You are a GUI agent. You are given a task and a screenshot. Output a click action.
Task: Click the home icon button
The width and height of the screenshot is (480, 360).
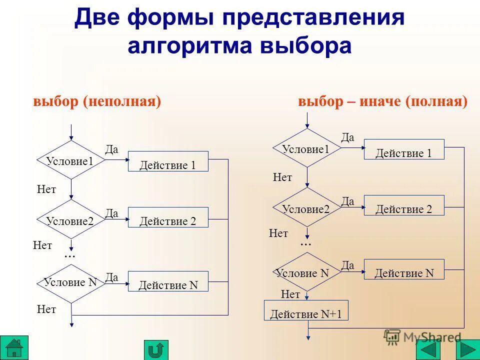pyautogui.click(x=14, y=347)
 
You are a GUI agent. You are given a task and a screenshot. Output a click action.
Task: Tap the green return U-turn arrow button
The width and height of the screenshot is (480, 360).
pyautogui.click(x=156, y=349)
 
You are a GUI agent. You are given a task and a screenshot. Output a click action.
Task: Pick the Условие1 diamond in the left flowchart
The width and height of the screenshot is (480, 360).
pyautogui.click(x=71, y=159)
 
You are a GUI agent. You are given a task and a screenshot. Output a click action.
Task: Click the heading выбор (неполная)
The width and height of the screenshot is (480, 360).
pyautogui.click(x=97, y=101)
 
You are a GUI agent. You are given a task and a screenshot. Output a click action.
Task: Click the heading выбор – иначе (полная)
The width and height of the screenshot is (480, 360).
pyautogui.click(x=383, y=101)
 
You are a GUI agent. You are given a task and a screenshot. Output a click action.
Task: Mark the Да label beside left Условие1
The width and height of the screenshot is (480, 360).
pyautogui.click(x=111, y=149)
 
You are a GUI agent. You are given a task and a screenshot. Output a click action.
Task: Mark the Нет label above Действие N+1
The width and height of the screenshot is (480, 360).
pyautogui.click(x=290, y=294)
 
